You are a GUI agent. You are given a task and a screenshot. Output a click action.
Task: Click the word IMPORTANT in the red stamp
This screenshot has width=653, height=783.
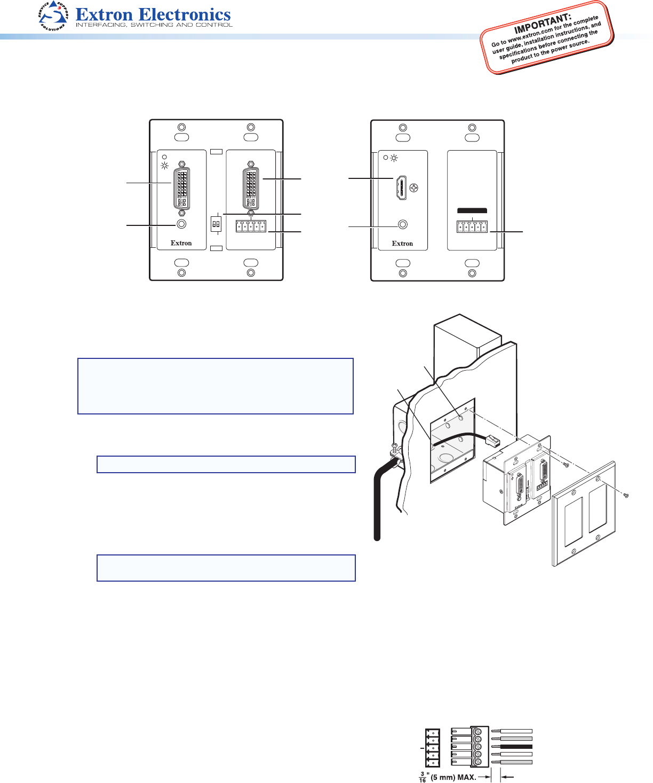[x=543, y=24]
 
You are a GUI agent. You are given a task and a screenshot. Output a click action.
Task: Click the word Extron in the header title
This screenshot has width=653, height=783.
[x=104, y=14]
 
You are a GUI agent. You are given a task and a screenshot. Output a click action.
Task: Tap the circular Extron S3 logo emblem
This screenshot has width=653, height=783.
[x=53, y=15]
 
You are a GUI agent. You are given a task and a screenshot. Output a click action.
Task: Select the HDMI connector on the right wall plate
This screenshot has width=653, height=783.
[x=401, y=187]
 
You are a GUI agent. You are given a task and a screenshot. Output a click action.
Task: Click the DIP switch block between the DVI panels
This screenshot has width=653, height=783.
[x=216, y=224]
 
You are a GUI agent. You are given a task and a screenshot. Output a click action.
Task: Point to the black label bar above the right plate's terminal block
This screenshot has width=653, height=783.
[x=472, y=211]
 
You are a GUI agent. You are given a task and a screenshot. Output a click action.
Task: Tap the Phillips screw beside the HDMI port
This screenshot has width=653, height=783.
[x=413, y=188]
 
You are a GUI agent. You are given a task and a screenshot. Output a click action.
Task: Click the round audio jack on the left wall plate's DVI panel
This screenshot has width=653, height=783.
[x=181, y=224]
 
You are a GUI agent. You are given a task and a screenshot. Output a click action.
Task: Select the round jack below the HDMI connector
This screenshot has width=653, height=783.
[x=403, y=225]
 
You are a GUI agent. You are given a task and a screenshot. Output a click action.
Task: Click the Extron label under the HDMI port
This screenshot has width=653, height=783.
[x=402, y=244]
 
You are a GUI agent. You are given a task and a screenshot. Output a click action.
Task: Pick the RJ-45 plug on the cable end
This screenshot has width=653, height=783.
[x=492, y=440]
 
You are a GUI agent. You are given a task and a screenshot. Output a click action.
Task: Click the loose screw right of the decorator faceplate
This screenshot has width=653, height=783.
[x=626, y=495]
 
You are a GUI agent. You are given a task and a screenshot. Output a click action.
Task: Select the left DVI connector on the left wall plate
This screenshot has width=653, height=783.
[x=181, y=189]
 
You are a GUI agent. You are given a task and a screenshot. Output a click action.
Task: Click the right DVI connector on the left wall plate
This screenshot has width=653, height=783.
[x=251, y=189]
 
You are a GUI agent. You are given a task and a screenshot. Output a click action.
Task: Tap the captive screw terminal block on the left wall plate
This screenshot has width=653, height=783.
[x=251, y=226]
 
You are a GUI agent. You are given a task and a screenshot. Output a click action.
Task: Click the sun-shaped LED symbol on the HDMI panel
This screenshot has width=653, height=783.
[x=394, y=158]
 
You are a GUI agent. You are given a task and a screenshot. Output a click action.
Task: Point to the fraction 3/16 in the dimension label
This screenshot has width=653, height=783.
[x=422, y=777]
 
